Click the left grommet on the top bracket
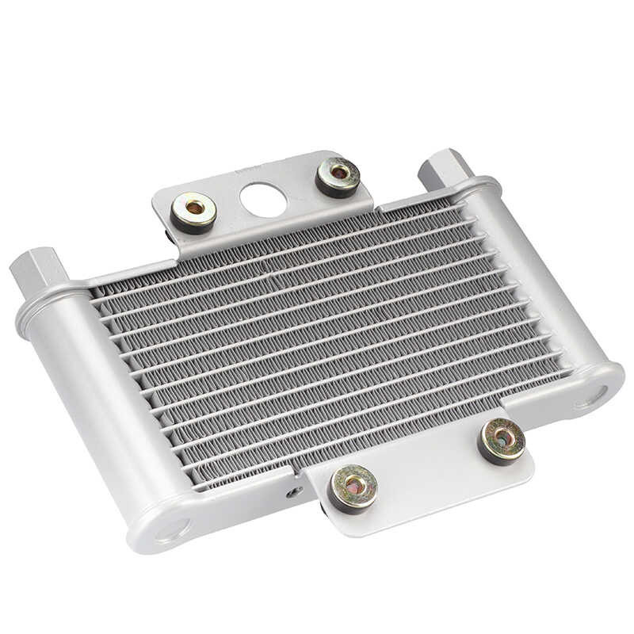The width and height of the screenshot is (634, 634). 193,212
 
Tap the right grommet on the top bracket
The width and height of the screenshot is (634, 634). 338,175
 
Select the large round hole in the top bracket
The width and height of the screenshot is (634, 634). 263,200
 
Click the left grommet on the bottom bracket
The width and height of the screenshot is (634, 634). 352,486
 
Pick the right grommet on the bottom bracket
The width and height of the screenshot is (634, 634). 502,440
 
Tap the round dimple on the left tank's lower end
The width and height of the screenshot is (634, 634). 174,528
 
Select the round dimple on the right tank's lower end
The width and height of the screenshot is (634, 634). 592,394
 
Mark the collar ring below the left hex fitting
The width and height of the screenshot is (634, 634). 48,299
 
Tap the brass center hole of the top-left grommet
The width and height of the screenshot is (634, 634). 194,209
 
